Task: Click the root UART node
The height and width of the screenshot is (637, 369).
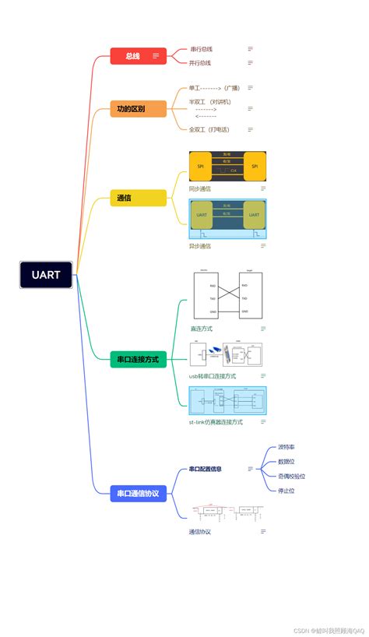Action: pos(46,275)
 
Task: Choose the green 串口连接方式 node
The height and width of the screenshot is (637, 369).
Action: pos(139,359)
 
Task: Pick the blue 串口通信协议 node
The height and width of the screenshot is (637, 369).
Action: pos(139,493)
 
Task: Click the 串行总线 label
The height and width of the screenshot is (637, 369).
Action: pos(201,49)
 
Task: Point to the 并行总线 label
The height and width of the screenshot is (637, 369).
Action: pos(201,63)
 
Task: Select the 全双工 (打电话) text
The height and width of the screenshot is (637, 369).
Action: pos(210,129)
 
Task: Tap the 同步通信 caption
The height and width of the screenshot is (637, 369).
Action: pos(200,188)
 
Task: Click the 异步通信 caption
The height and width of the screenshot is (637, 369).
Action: pos(200,246)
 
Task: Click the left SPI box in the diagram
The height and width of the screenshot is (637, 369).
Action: pos(201,166)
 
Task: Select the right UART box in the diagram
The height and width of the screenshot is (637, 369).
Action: pos(254,214)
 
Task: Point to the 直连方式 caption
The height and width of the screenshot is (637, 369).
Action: pos(201,329)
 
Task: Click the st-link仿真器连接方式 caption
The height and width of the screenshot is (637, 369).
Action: pos(216,422)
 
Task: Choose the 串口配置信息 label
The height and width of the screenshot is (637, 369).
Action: pos(206,470)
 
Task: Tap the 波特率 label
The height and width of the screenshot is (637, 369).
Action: pos(286,448)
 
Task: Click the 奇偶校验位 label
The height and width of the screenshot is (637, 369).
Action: pos(292,476)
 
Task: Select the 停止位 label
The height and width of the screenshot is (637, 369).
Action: pos(286,491)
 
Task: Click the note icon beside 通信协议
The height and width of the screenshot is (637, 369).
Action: pos(263,532)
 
